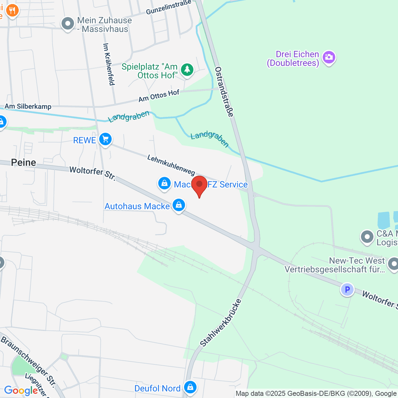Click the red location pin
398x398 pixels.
(199, 185)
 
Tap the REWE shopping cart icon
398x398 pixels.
(105, 139)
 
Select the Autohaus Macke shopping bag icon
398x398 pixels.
(179, 205)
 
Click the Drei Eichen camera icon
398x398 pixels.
(329, 57)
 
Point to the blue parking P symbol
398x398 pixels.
(347, 290)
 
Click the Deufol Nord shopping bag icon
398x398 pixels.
(190, 387)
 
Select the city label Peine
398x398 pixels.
(24, 163)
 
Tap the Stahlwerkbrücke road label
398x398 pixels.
(221, 323)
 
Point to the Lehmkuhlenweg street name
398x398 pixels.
(171, 165)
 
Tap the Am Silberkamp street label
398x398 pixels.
(28, 106)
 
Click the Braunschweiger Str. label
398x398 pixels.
(28, 361)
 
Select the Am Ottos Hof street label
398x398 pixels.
(159, 96)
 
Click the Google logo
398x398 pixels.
(21, 390)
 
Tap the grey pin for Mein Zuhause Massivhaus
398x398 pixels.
(68, 24)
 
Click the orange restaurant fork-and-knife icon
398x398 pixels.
(12, 11)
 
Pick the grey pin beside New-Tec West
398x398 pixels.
(394, 264)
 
